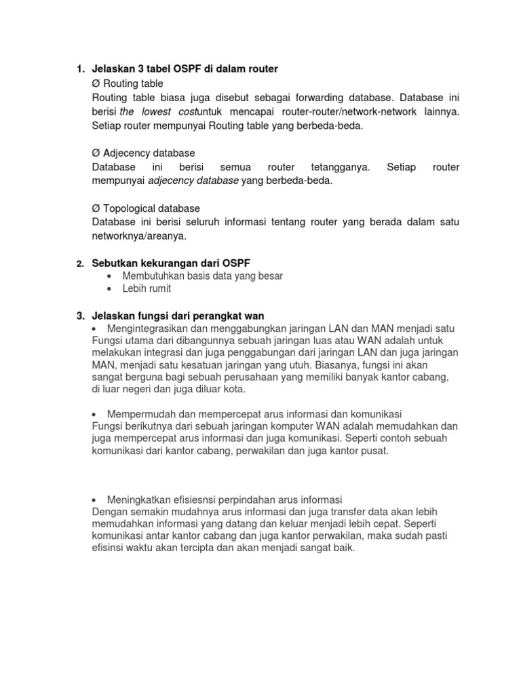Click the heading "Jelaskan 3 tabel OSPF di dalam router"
185,69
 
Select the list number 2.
79,263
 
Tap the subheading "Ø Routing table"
128,83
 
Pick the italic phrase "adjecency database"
193,181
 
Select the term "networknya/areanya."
138,236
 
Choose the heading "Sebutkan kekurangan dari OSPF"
176,263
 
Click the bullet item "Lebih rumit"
147,288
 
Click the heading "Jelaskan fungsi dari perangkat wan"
178,316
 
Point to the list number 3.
79,316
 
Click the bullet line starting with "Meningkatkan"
225,498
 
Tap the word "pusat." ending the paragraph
374,451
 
